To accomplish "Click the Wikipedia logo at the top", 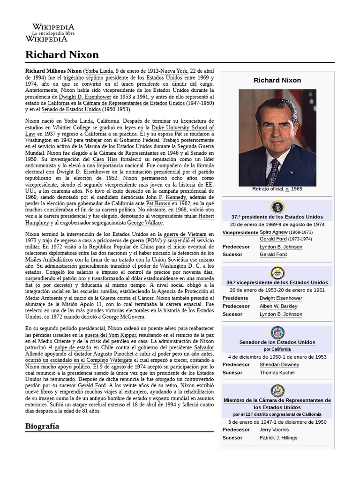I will [x=53, y=33].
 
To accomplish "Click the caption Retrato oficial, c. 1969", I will [x=277, y=189].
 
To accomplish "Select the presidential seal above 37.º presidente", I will [x=277, y=207].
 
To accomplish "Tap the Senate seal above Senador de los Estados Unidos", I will [x=277, y=333].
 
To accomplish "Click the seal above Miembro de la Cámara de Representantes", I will [x=277, y=390].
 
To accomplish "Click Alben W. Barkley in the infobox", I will [x=278, y=306].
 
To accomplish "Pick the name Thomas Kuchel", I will [x=277, y=373].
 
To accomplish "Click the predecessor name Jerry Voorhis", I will [x=274, y=429].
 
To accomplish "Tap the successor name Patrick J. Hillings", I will [x=279, y=437].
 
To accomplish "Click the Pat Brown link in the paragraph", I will [x=155, y=204].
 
